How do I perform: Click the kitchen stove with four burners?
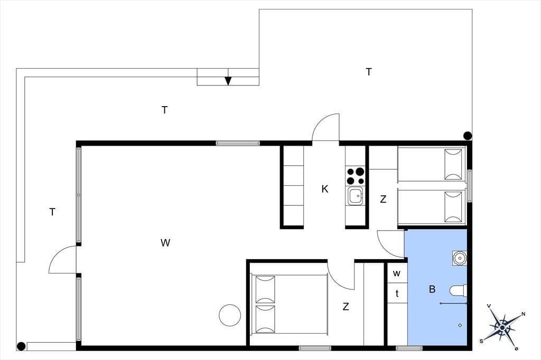point(356,176)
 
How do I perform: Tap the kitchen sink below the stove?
point(356,196)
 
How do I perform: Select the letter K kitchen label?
point(325,189)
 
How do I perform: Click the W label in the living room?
point(165,243)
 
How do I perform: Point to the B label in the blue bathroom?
point(432,289)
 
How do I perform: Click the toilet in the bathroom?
point(459,290)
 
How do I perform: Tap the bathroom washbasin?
point(460,258)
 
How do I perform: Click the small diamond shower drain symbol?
point(460,325)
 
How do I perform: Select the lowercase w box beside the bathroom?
point(397,273)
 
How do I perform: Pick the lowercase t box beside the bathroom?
point(397,293)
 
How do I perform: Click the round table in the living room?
point(230,315)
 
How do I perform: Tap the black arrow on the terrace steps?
point(228,81)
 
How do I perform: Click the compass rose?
point(502,327)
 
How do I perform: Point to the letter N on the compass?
point(523,314)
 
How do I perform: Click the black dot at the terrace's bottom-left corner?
point(21,346)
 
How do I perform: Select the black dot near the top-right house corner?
point(468,136)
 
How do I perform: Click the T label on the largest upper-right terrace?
point(369,72)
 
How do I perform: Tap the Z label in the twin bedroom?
point(383,199)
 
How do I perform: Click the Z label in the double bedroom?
point(346,306)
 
